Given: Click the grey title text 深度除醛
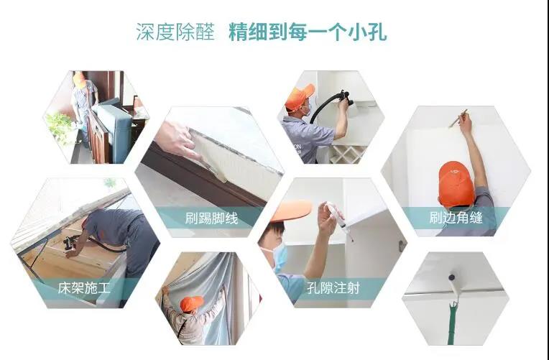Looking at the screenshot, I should pos(175,32).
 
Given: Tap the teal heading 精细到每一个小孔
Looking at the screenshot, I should pos(308,32).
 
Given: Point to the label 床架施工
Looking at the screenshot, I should pos(83,289).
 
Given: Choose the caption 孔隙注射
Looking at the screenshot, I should pos(332,289).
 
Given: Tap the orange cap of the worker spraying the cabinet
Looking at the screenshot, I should pos(299,96).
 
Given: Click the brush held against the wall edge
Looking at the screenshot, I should pos(458,118).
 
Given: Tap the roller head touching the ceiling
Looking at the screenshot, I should pos(454,275).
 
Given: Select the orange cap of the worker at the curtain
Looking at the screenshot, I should pos(190,304).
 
